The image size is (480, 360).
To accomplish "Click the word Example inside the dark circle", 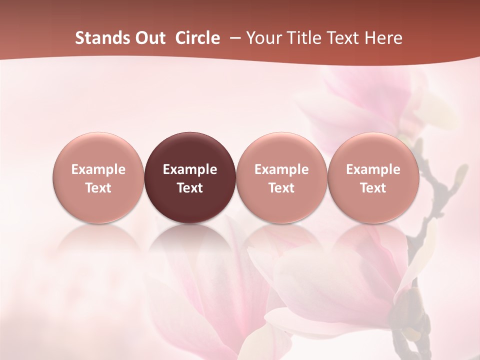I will pyautogui.click(x=190, y=169).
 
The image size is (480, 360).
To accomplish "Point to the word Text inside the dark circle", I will pyautogui.click(x=190, y=188).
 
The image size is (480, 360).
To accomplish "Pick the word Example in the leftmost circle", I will pyautogui.click(x=98, y=169).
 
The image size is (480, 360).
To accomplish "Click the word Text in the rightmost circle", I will pyautogui.click(x=373, y=188).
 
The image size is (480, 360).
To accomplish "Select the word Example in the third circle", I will pyautogui.click(x=281, y=169).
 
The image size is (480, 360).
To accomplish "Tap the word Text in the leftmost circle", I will pyautogui.click(x=98, y=188).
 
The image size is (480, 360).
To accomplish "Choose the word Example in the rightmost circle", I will pyautogui.click(x=373, y=169).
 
